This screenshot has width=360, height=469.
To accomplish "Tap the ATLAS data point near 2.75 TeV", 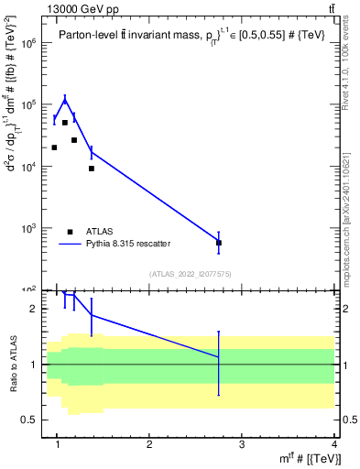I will [218, 243].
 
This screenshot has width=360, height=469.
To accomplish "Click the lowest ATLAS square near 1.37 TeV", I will [92, 169].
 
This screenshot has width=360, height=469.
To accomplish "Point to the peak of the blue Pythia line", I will [64, 99].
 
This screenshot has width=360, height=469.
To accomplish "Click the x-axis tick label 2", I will [149, 445].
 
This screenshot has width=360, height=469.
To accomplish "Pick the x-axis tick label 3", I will [242, 445].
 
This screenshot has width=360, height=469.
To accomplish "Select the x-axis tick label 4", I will [333, 445].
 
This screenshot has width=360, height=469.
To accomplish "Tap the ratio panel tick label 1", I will [33, 365].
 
